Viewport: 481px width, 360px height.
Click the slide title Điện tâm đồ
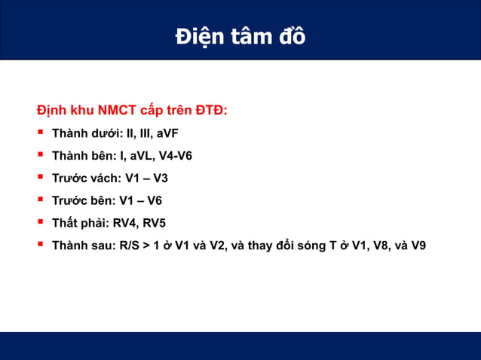tap(240, 35)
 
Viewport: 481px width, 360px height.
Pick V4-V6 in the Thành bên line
tap(176, 157)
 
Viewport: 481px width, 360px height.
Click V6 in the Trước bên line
tap(154, 200)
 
